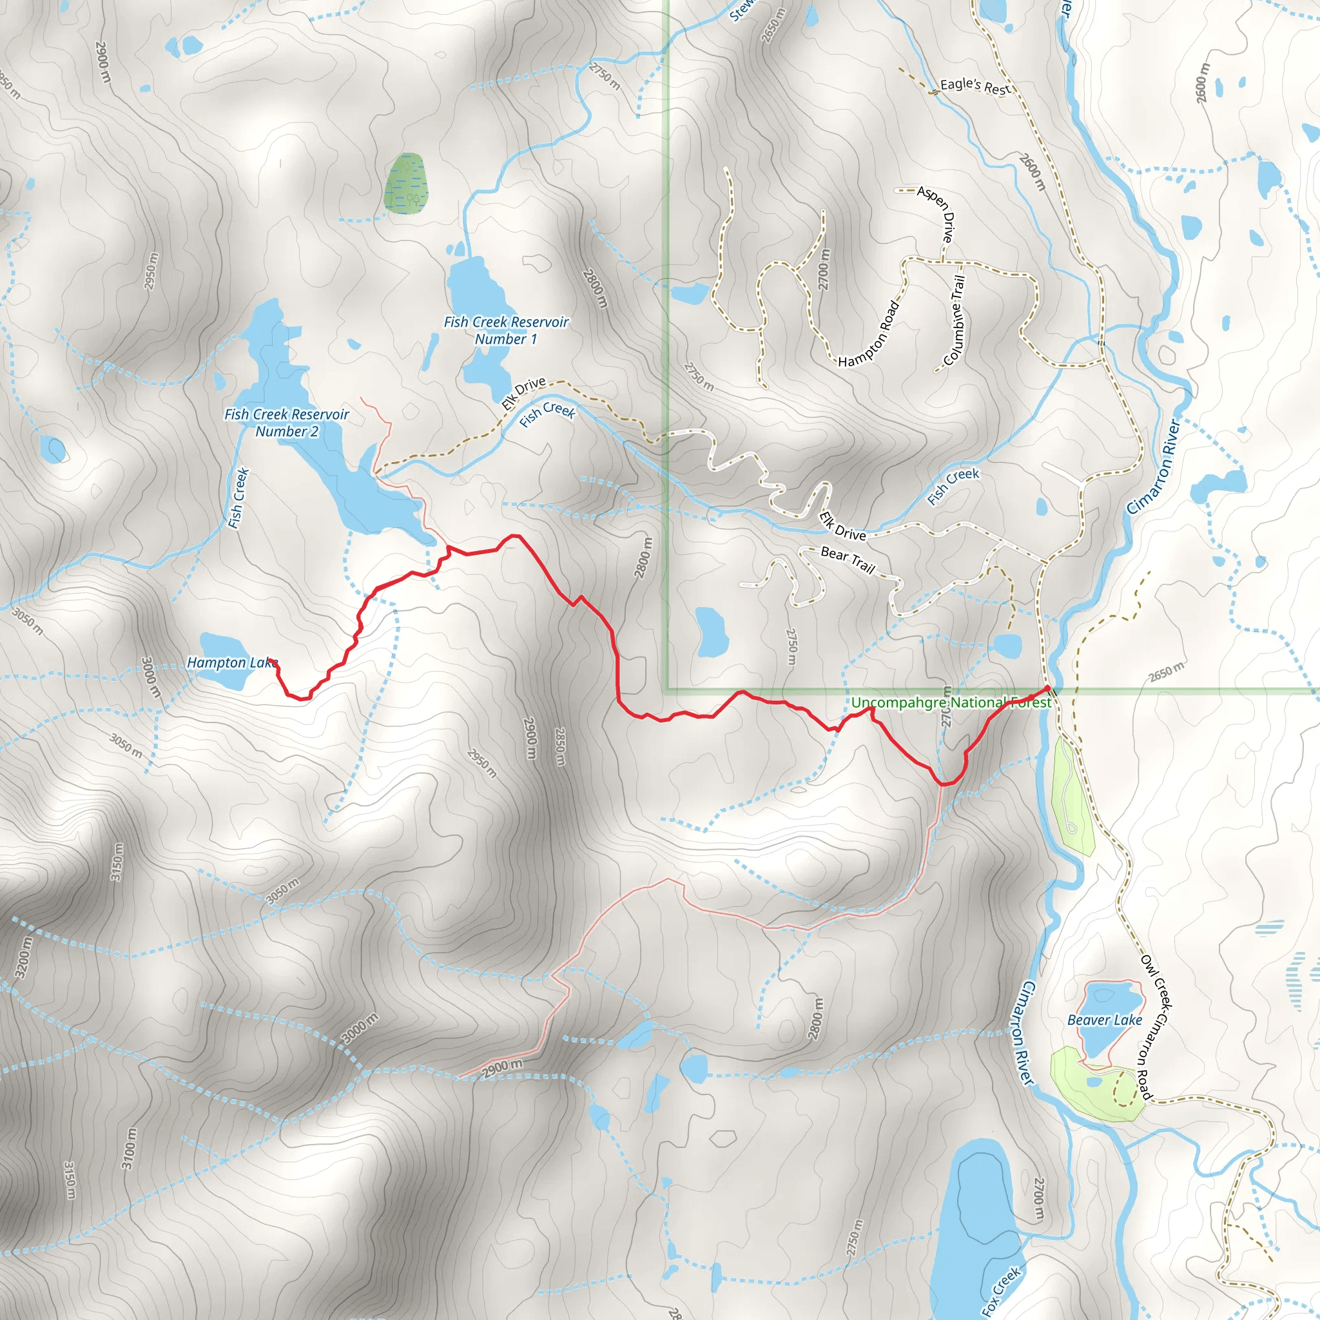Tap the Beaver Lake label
1105,1020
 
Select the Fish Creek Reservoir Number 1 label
505,330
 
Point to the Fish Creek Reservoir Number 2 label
286,422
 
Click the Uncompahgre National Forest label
951,703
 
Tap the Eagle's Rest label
975,87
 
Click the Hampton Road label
869,334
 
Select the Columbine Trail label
955,321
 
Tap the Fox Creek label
1001,1290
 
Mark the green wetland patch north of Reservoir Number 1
405,182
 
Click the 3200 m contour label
23,956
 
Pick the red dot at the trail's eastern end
1047,688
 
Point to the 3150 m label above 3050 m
117,862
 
